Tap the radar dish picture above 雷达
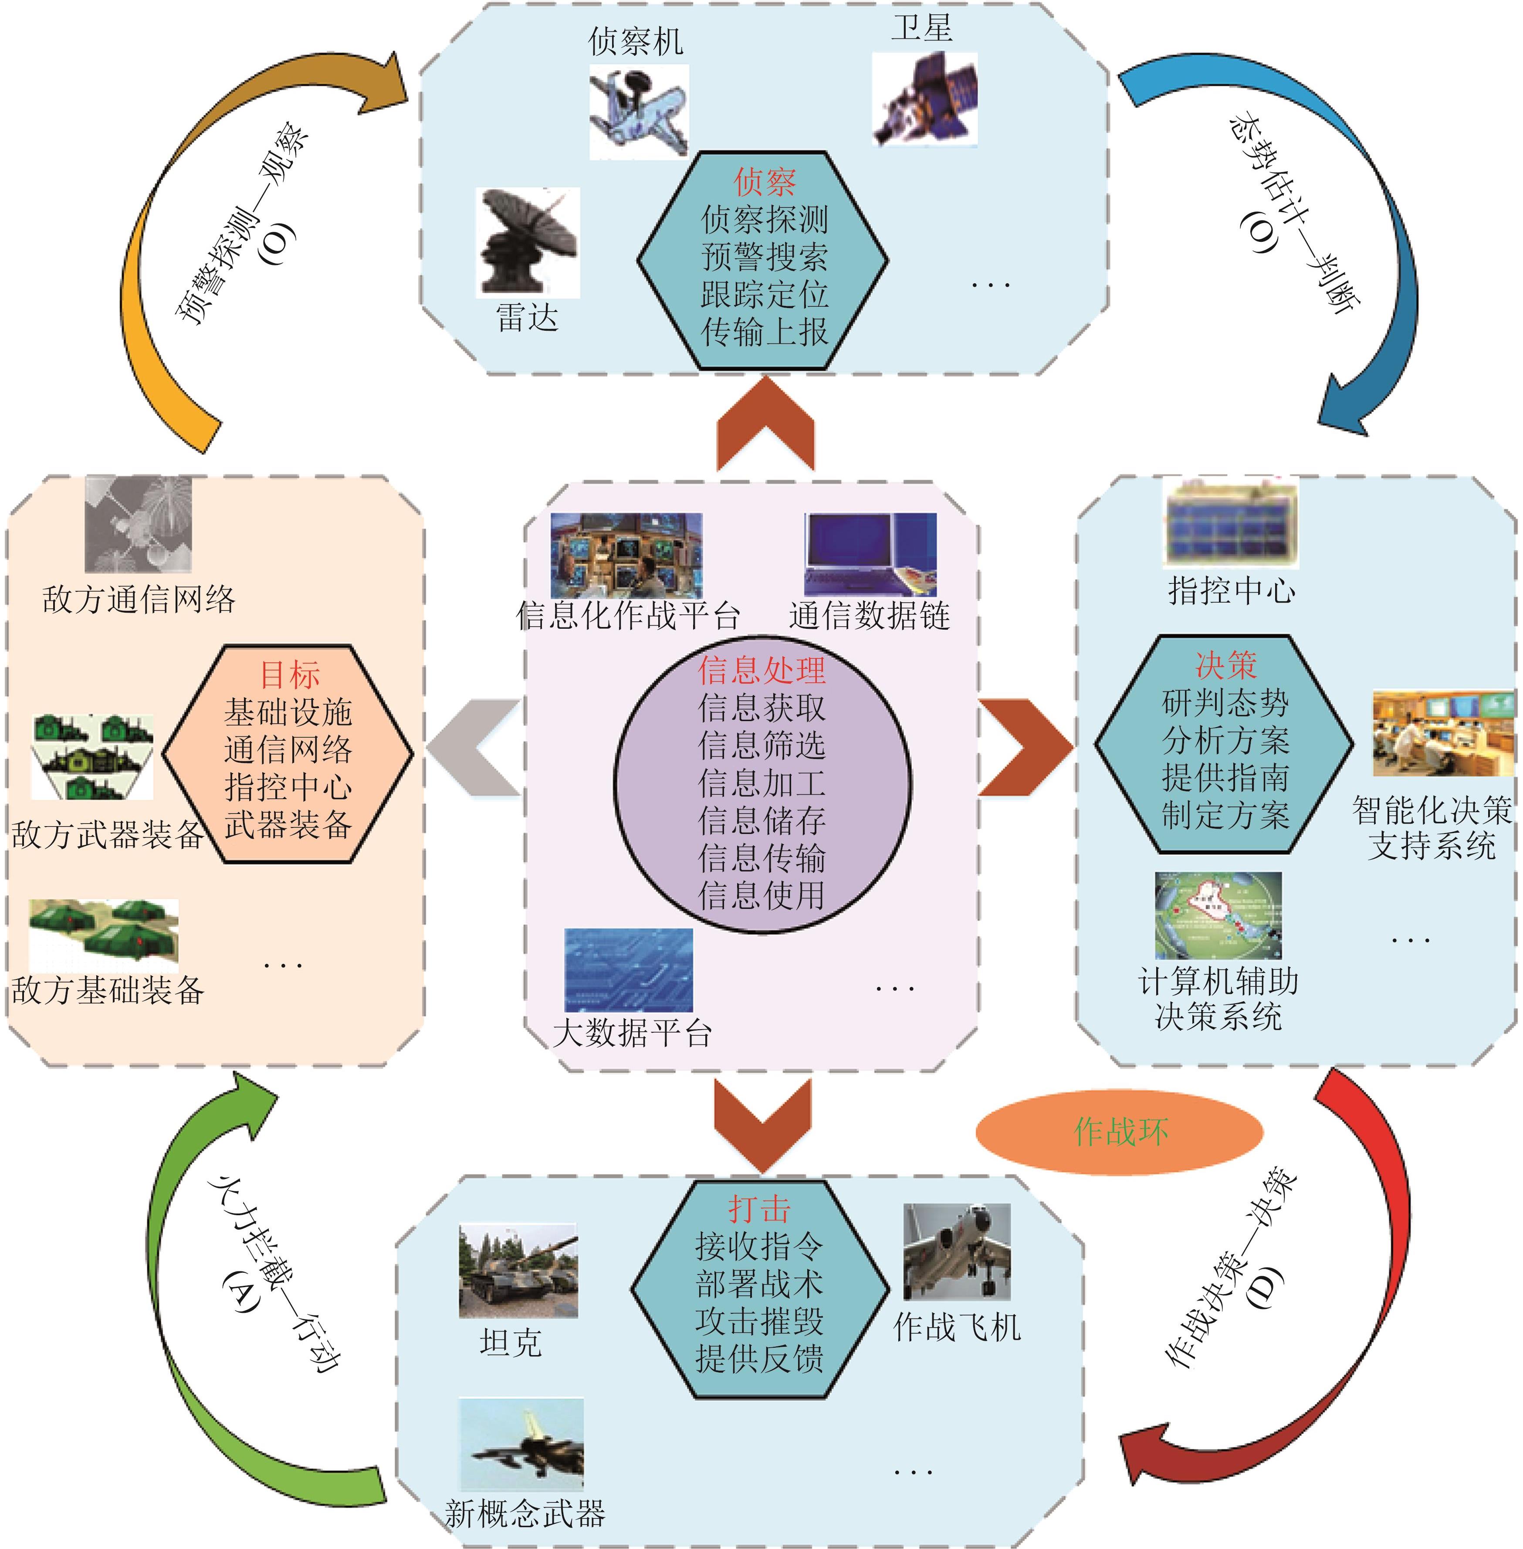[527, 242]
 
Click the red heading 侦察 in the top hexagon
[764, 183]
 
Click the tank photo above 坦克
[518, 1271]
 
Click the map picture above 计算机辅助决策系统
[1218, 915]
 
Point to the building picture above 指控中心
[1230, 522]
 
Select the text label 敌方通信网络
[139, 599]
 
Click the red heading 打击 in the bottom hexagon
[759, 1209]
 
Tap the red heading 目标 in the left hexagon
[290, 675]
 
